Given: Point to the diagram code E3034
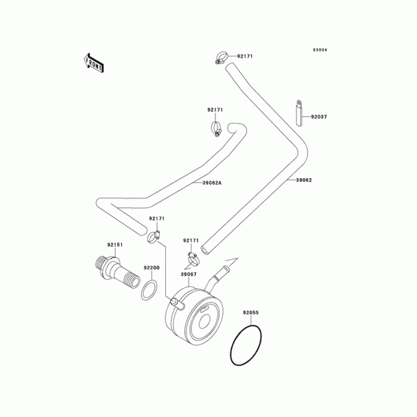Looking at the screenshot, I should (x=320, y=50).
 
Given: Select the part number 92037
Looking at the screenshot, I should (x=319, y=117).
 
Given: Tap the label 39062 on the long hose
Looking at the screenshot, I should (x=304, y=180).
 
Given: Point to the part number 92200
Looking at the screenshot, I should (x=152, y=267).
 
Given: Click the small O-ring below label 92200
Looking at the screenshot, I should (x=149, y=290).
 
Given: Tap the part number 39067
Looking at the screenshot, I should (x=188, y=274).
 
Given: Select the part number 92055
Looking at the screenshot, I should (x=250, y=313).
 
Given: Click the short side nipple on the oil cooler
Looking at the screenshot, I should (x=176, y=302).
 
